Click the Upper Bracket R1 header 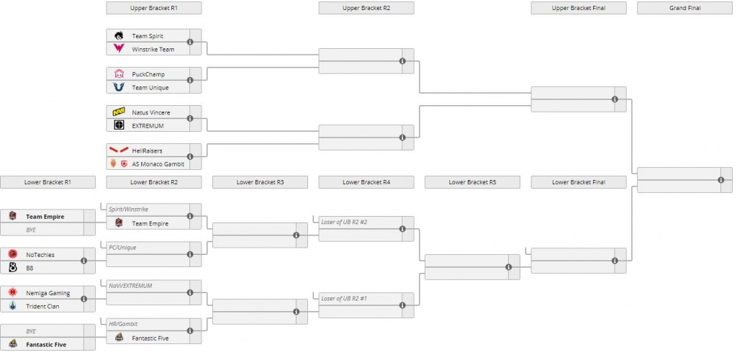tap(154, 8)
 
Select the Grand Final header tap(685, 8)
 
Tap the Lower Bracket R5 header tap(472, 182)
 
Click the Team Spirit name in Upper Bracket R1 tap(148, 36)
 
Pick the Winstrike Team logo tap(119, 48)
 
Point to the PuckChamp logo tap(119, 73)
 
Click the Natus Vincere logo tap(119, 112)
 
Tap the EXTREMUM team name tap(148, 126)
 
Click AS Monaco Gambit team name tap(158, 164)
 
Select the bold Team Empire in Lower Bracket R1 tap(45, 217)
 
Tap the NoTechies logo tap(13, 254)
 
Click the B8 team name tap(30, 268)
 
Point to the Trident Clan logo tap(13, 306)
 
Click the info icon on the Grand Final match tap(721, 180)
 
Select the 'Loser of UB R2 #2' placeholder tap(344, 222)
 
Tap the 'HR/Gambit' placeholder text tap(123, 324)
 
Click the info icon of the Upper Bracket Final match tap(615, 99)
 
